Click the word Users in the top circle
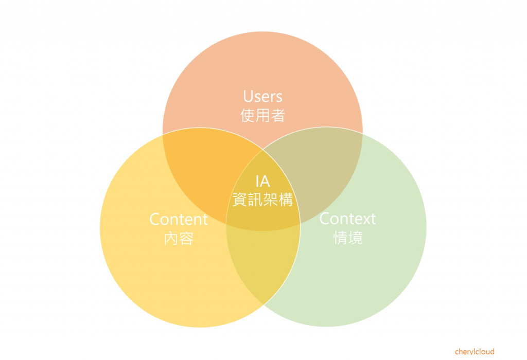point(262,96)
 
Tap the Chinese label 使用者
point(262,115)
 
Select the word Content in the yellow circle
point(178,219)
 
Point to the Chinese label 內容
point(178,238)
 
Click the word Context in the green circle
point(347,219)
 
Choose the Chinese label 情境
point(348,238)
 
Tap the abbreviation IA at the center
point(262,181)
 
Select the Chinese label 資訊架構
point(262,200)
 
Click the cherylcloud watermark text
point(475,352)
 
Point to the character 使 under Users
point(248,115)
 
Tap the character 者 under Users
point(277,115)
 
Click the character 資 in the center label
point(240,200)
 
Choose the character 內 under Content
point(171,238)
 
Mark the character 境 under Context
point(355,238)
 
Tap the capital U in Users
point(248,96)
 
